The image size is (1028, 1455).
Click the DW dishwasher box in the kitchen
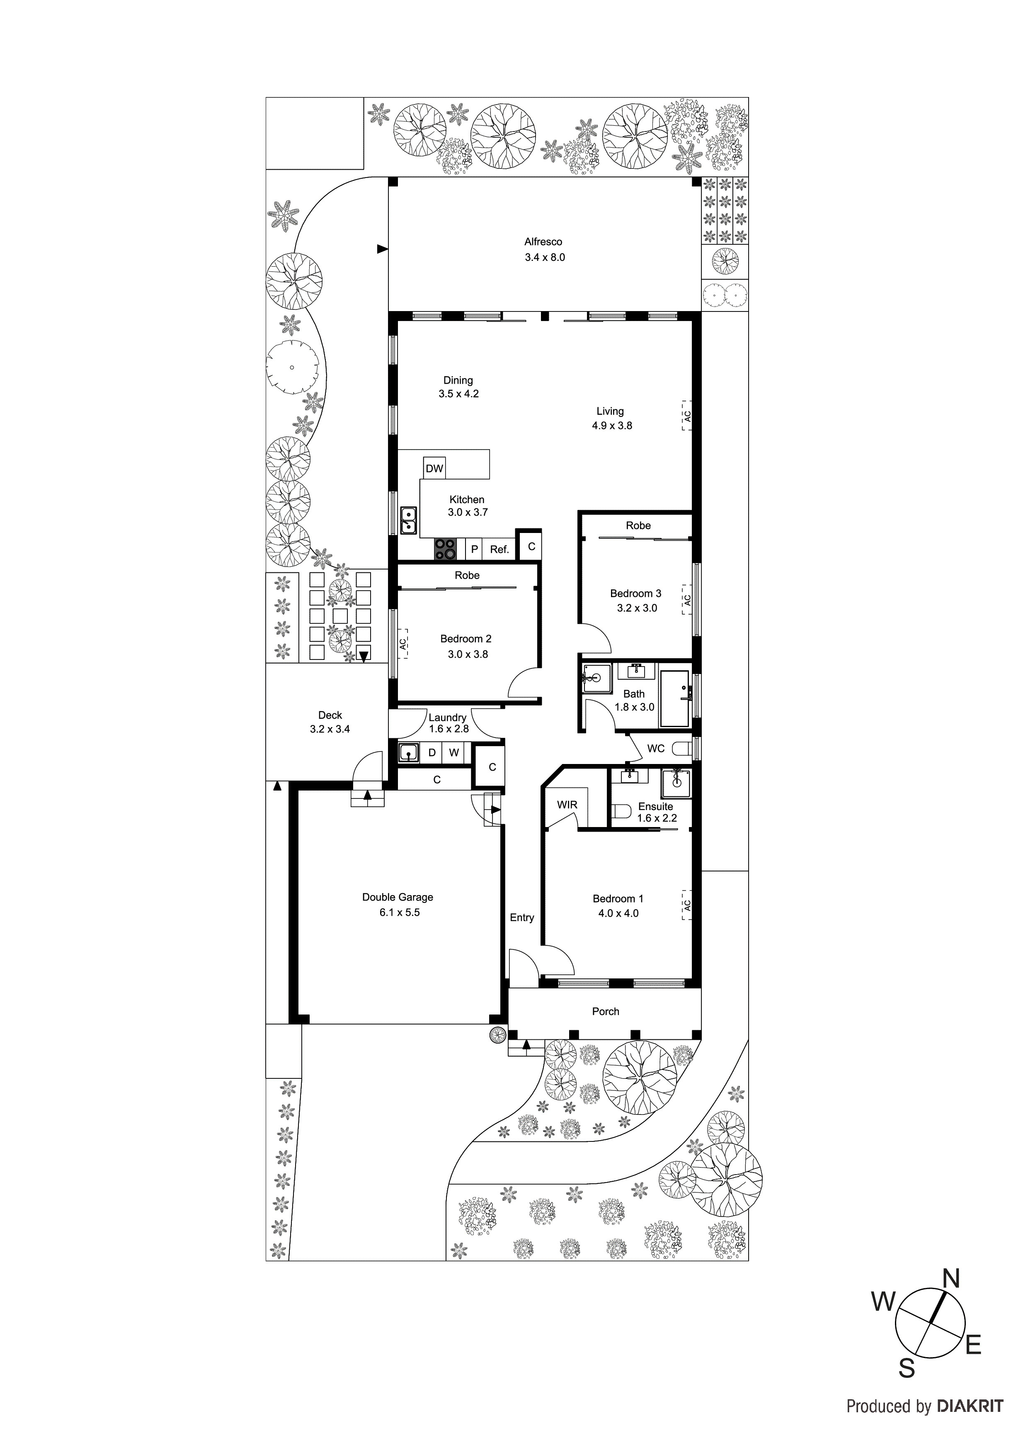(x=434, y=468)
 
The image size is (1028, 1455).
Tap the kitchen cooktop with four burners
(x=445, y=549)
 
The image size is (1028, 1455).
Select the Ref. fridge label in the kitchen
(x=499, y=550)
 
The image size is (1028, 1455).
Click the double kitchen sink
(x=409, y=520)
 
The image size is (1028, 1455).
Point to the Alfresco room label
(x=543, y=241)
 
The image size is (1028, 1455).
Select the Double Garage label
(x=398, y=897)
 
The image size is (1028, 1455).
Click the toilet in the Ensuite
(x=620, y=811)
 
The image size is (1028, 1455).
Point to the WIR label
(x=567, y=805)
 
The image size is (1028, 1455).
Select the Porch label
(x=606, y=1011)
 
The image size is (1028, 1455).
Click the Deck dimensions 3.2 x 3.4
(x=330, y=729)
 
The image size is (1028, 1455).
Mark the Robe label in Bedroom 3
(x=638, y=526)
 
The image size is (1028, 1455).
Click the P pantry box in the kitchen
(x=474, y=550)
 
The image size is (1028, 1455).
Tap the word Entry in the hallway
(x=522, y=917)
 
